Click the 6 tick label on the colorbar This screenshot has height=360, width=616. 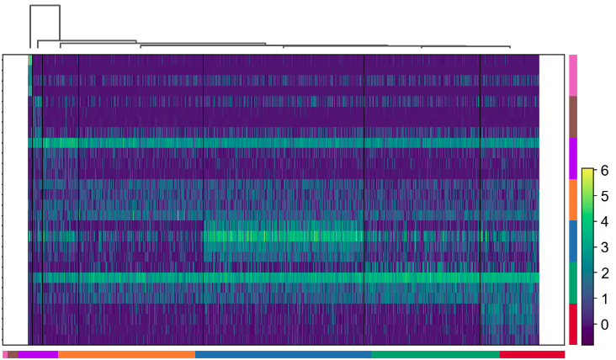pyautogui.click(x=603, y=170)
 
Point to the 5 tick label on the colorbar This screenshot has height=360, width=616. pyautogui.click(x=603, y=196)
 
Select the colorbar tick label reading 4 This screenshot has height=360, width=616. pyautogui.click(x=603, y=221)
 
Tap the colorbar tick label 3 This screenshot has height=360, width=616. pyautogui.click(x=603, y=247)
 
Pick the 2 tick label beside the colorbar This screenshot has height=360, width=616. pyautogui.click(x=603, y=273)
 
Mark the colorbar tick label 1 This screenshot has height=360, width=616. pyautogui.click(x=603, y=299)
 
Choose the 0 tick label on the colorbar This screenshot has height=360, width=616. pyautogui.click(x=603, y=324)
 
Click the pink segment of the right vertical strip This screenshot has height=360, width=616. pyautogui.click(x=573, y=75)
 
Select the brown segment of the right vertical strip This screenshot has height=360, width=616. pyautogui.click(x=573, y=116)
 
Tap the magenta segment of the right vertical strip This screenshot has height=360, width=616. pyautogui.click(x=573, y=158)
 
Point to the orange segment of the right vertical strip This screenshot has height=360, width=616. pyautogui.click(x=573, y=199)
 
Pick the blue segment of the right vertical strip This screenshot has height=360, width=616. pyautogui.click(x=573, y=241)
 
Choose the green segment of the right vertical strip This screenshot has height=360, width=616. pyautogui.click(x=573, y=282)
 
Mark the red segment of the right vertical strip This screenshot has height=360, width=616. pyautogui.click(x=573, y=324)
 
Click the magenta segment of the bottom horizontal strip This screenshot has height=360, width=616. pyautogui.click(x=38, y=355)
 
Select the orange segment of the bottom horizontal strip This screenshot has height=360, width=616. pyautogui.click(x=126, y=355)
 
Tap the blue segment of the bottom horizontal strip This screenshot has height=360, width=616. pyautogui.click(x=283, y=355)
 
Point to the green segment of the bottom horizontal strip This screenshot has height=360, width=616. pyautogui.click(x=435, y=355)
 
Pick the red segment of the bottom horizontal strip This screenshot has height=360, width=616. pyautogui.click(x=532, y=355)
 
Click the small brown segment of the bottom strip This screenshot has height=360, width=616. pyautogui.click(x=13, y=355)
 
